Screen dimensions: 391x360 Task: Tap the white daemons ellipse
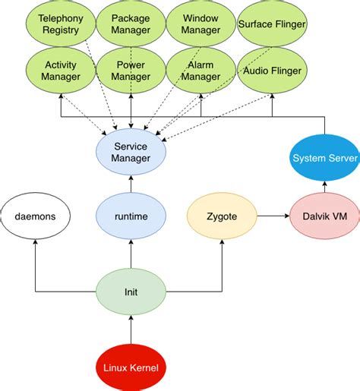pyautogui.click(x=35, y=216)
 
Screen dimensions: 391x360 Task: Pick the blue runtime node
pyautogui.click(x=131, y=216)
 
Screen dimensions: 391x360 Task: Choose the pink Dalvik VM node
pyautogui.click(x=324, y=216)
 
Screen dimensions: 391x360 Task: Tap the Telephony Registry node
pyautogui.click(x=60, y=24)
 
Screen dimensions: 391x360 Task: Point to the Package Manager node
pyautogui.click(x=131, y=24)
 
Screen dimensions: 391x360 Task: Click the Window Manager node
pyautogui.click(x=201, y=24)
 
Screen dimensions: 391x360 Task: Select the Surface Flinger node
pyautogui.click(x=272, y=24)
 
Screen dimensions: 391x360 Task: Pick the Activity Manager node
pyautogui.click(x=60, y=71)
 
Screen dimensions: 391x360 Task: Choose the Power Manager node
pyautogui.click(x=131, y=71)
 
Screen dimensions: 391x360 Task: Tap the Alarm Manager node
pyautogui.click(x=201, y=71)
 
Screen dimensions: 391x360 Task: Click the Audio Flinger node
pyautogui.click(x=272, y=71)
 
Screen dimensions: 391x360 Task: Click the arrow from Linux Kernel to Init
pyautogui.click(x=131, y=330)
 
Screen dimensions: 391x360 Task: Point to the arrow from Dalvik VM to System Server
pyautogui.click(x=324, y=188)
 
